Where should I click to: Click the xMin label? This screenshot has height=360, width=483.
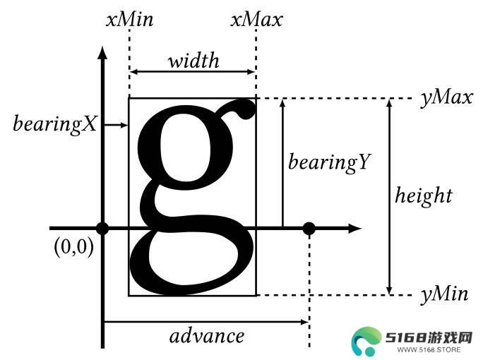coord(130,20)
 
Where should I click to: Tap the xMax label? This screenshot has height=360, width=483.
coord(256,20)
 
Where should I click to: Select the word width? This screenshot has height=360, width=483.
coord(193,60)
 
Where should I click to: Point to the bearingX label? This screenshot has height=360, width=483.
coord(55,124)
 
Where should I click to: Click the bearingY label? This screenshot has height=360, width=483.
coord(330,162)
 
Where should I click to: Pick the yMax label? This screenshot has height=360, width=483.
coord(447,97)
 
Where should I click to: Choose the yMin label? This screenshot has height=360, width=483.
coord(444,294)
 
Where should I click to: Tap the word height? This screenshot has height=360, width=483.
coord(424,196)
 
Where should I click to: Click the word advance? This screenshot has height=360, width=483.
coord(207,336)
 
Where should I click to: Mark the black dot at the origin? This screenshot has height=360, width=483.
coord(102,228)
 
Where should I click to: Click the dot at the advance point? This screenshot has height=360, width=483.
coord(309,229)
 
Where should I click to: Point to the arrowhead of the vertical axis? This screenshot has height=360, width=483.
coord(102,52)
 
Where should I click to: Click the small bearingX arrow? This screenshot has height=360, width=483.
coord(116,125)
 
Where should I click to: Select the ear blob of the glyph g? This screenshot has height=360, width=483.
coord(246,109)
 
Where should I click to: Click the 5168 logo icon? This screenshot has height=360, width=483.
coord(366,342)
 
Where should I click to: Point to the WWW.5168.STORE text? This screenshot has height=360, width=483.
coord(429,349)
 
